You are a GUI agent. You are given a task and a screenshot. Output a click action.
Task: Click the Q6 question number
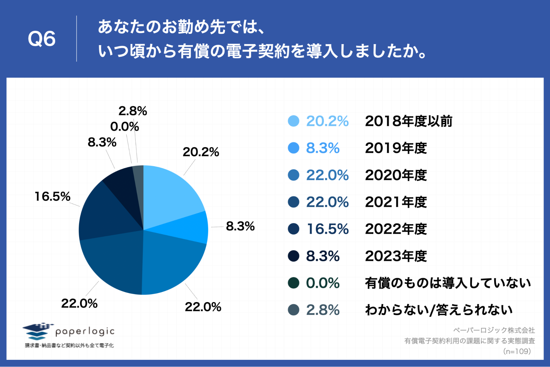pyautogui.click(x=42, y=39)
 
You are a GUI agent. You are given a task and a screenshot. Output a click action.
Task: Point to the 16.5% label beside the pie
pyautogui.click(x=52, y=196)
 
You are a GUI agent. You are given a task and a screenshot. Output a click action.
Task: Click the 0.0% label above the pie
pyautogui.click(x=124, y=127)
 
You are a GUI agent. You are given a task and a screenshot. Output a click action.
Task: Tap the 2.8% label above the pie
pyautogui.click(x=133, y=111)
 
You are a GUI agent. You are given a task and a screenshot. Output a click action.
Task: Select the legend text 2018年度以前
pyautogui.click(x=409, y=121)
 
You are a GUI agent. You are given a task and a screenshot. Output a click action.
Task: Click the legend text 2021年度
pyautogui.click(x=396, y=202)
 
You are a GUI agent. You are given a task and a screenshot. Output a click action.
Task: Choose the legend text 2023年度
pyautogui.click(x=396, y=256)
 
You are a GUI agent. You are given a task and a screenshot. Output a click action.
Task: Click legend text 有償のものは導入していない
pyautogui.click(x=448, y=283)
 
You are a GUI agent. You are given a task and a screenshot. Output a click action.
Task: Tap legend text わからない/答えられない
pyautogui.click(x=439, y=310)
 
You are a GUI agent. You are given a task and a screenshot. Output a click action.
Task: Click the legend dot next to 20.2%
pyautogui.click(x=293, y=121)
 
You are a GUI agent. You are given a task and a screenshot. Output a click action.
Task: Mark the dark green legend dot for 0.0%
pyautogui.click(x=293, y=283)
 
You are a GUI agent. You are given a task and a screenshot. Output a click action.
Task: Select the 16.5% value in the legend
pyautogui.click(x=327, y=229)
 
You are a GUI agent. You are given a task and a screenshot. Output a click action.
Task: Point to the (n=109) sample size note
pyautogui.click(x=517, y=351)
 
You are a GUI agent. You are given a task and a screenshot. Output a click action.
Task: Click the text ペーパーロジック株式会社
pyautogui.click(x=494, y=330)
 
